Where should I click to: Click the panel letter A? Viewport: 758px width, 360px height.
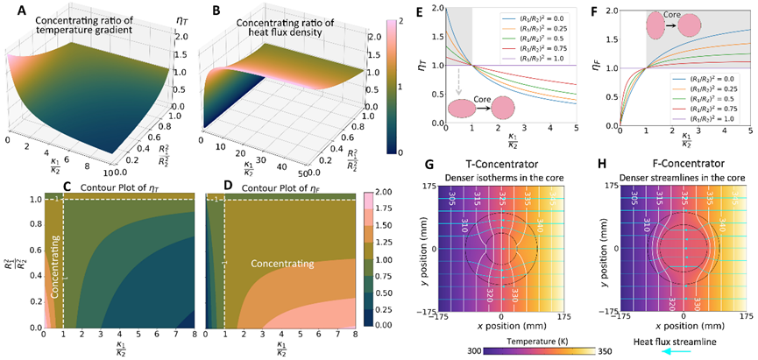(9, 8)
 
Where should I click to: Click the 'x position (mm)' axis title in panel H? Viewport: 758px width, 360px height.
(673, 325)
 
